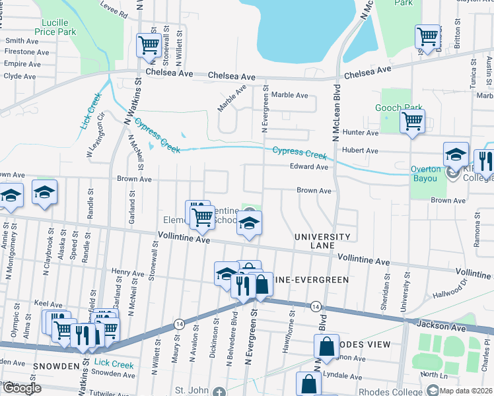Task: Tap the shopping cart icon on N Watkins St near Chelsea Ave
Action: point(149,45)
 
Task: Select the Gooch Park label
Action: point(398,108)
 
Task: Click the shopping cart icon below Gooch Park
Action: point(413,121)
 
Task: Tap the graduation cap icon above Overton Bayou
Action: point(456,154)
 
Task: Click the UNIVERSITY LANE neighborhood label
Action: point(322,241)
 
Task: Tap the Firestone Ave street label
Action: point(27,52)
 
